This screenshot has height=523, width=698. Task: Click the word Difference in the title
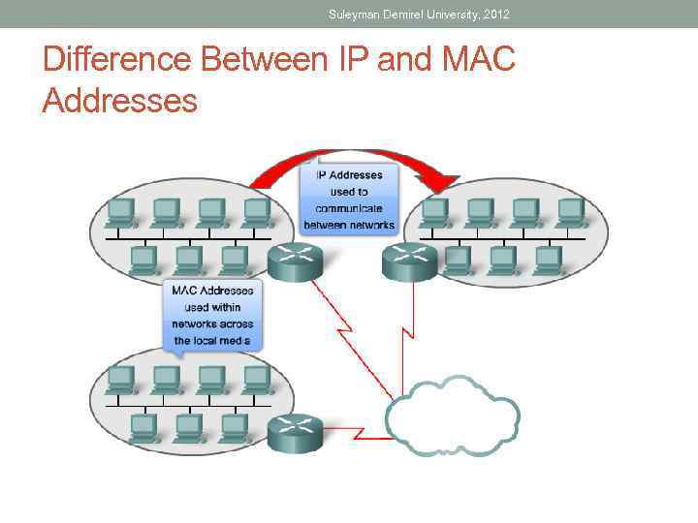pos(117,61)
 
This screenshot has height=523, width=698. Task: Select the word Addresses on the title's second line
pos(119,99)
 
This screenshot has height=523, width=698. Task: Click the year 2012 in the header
pos(492,14)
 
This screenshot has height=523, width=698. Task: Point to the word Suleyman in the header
pos(355,14)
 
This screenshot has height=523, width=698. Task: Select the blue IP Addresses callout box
pos(349,200)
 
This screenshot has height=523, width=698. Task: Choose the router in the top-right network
pos(409,261)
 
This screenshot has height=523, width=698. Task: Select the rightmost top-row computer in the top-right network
pos(570,211)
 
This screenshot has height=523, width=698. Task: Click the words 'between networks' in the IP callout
pos(349,225)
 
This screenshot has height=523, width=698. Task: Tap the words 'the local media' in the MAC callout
pos(212,341)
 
